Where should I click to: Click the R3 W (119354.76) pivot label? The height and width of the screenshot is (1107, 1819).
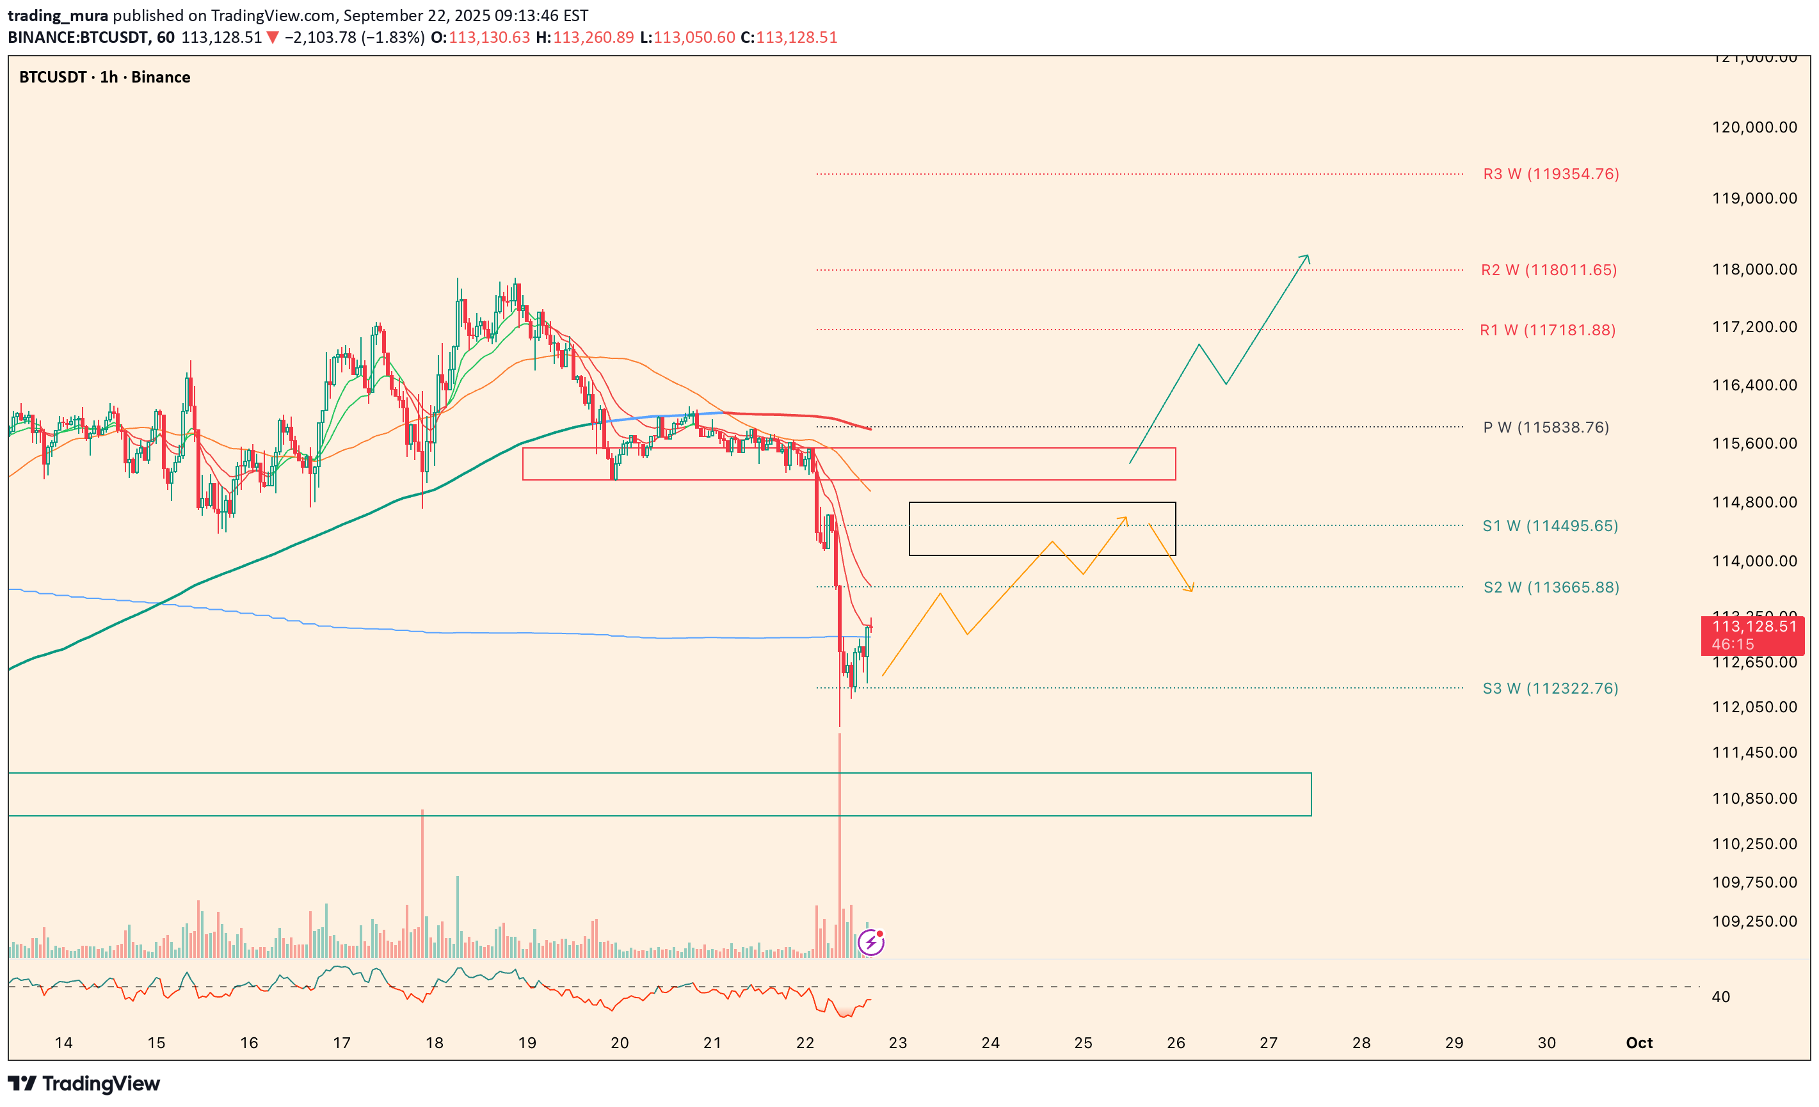(x=1550, y=174)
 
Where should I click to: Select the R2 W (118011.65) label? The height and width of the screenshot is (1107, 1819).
(x=1548, y=270)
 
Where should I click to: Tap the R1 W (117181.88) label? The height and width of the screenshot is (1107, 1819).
(x=1548, y=330)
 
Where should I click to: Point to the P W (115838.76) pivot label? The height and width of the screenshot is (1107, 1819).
(x=1546, y=427)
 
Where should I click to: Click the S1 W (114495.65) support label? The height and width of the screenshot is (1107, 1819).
(x=1550, y=526)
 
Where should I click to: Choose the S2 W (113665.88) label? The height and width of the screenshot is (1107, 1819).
(x=1550, y=587)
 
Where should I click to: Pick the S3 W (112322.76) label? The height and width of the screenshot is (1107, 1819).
(x=1550, y=689)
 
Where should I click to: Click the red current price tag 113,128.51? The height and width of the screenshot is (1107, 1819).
(x=1752, y=635)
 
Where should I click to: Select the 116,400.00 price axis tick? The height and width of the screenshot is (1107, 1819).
(x=1754, y=385)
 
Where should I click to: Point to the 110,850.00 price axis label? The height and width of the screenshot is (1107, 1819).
(x=1754, y=799)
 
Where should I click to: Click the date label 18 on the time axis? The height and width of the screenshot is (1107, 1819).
(x=434, y=1043)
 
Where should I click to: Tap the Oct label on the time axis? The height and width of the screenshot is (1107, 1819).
(x=1639, y=1043)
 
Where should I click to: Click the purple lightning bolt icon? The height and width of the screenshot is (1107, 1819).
(x=871, y=943)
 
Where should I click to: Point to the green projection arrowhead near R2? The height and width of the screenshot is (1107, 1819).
(x=1307, y=258)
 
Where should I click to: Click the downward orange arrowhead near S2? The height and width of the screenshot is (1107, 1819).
(x=1190, y=588)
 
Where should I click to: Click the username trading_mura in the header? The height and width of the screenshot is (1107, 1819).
(x=58, y=15)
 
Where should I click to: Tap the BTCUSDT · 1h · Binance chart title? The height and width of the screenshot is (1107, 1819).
(x=104, y=77)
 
